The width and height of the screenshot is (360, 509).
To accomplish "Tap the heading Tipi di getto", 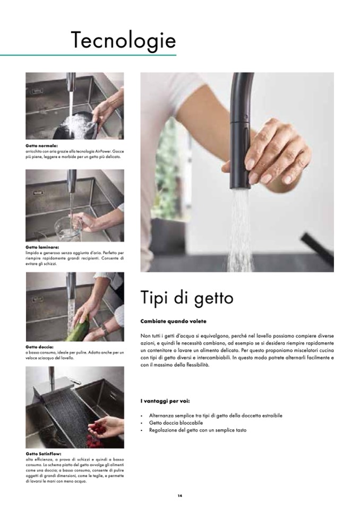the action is click(187, 298).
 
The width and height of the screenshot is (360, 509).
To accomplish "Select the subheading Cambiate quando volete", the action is click(173, 321).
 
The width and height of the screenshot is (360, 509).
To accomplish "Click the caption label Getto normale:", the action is click(41, 146).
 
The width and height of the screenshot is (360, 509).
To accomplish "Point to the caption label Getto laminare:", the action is click(42, 247).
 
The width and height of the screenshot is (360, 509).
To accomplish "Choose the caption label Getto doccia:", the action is click(40, 347).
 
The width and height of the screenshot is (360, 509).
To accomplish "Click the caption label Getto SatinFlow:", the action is click(44, 454).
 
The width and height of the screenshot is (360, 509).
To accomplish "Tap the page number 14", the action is click(180, 496).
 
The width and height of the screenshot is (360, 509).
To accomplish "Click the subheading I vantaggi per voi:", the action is click(165, 401).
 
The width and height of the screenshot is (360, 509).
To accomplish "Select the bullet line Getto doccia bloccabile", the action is click(176, 423).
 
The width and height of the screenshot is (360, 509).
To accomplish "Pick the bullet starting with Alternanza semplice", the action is click(216, 416).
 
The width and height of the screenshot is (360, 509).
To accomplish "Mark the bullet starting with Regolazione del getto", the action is click(198, 430).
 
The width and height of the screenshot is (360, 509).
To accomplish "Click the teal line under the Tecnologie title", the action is click(88, 55).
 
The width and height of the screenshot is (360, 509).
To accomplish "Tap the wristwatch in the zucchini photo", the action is click(105, 330).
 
